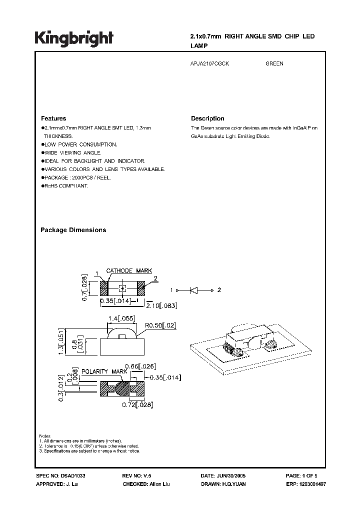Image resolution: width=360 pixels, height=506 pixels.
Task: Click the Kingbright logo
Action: pyautogui.click(x=74, y=38)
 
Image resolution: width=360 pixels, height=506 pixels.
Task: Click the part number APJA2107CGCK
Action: pyautogui.click(x=210, y=64)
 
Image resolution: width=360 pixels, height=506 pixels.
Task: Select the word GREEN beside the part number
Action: pyautogui.click(x=274, y=64)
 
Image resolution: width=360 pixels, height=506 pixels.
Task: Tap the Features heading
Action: pyautogui.click(x=53, y=118)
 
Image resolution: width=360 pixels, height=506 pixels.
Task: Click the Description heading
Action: pyautogui.click(x=207, y=118)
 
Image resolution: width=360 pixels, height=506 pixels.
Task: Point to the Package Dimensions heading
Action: pyautogui.click(x=73, y=230)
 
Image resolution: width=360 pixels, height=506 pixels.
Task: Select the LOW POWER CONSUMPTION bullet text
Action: pyautogui.click(x=80, y=144)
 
